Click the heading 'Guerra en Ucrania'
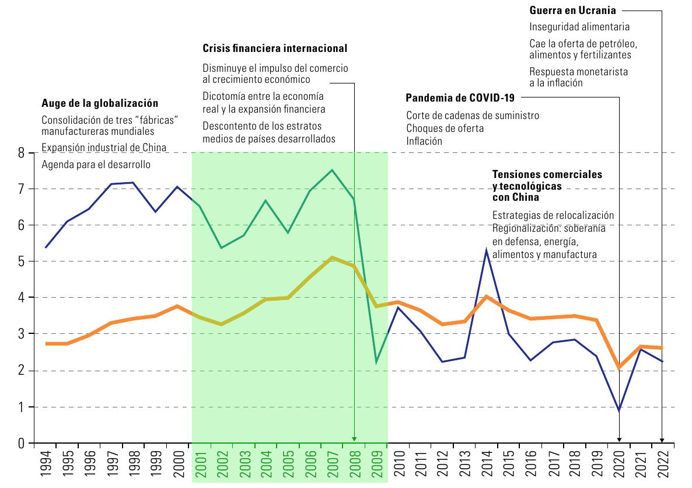click(x=572, y=10)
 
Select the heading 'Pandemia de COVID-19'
click(x=460, y=97)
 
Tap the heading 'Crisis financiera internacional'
click(x=275, y=48)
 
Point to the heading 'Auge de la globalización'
click(x=100, y=103)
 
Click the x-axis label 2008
click(x=355, y=464)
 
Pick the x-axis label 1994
click(x=46, y=464)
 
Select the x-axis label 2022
click(x=664, y=464)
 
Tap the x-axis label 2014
click(x=487, y=464)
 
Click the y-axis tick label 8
click(x=21, y=154)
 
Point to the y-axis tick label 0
click(x=21, y=444)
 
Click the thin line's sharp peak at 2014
click(x=487, y=251)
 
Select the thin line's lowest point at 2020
click(x=618, y=410)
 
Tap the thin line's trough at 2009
click(x=376, y=362)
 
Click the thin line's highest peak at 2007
click(x=332, y=170)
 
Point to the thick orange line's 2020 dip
click(x=618, y=367)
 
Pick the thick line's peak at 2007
click(x=332, y=257)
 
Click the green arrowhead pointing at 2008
click(x=354, y=439)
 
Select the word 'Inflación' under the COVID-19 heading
click(x=424, y=141)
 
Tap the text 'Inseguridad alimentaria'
click(x=579, y=27)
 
